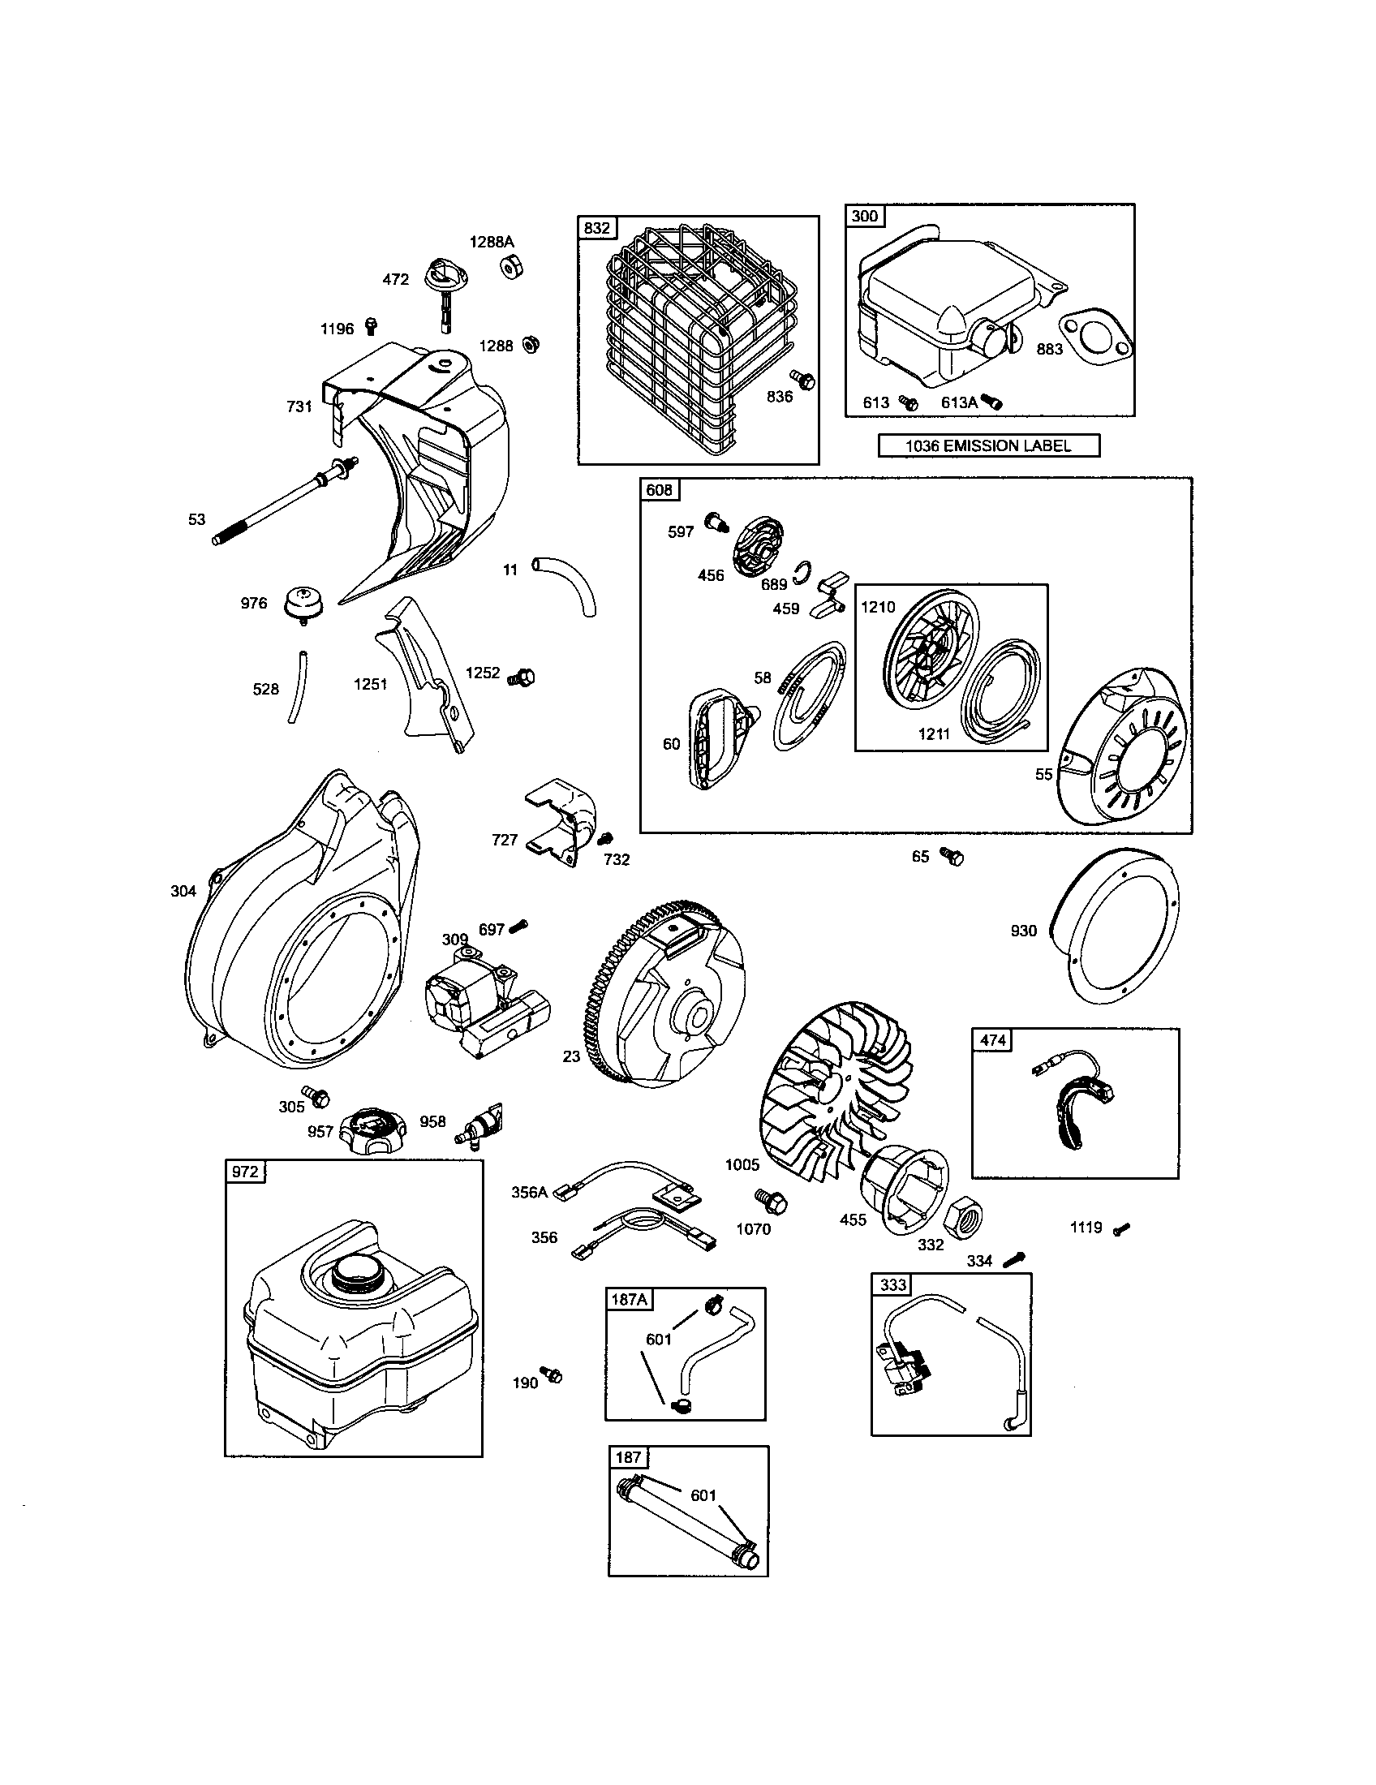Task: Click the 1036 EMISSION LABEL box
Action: tap(988, 445)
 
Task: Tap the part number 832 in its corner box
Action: tap(596, 228)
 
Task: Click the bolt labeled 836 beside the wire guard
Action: tap(803, 378)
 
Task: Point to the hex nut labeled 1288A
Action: tap(513, 266)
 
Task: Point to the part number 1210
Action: tap(878, 606)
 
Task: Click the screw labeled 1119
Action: tap(1122, 1228)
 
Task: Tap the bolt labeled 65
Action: tap(951, 857)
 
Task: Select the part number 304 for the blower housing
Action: tap(183, 891)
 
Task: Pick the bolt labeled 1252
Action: tap(522, 677)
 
